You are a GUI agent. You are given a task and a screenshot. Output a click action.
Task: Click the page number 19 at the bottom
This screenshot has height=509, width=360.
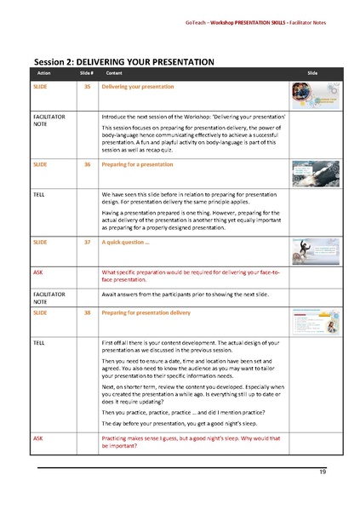point(322,472)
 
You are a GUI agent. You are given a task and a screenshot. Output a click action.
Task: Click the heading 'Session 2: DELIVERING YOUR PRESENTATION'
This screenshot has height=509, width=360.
point(123,62)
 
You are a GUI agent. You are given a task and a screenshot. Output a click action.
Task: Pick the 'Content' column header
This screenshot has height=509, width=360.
point(113,74)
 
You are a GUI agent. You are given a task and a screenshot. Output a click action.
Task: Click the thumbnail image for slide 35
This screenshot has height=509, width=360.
point(311,94)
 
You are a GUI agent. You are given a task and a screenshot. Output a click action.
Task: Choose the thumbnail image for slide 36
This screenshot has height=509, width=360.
point(311,173)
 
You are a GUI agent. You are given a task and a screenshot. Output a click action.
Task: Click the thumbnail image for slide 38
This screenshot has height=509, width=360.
point(311,321)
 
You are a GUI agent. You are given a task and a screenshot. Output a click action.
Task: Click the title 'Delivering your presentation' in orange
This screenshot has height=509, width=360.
point(138,87)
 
